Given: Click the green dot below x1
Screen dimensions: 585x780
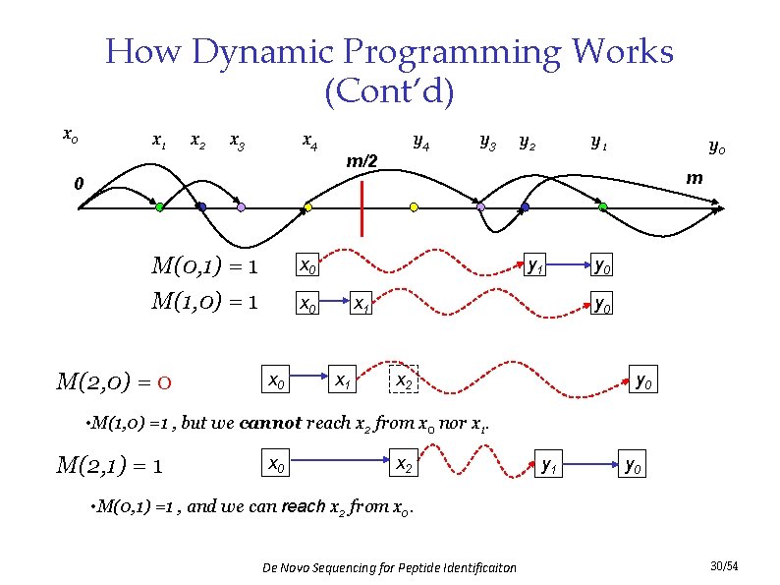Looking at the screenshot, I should pos(159,207).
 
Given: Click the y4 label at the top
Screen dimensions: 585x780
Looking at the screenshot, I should pos(419,142).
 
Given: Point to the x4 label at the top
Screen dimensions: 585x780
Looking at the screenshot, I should pos(308,142).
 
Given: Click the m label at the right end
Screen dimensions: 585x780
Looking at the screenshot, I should pos(695,178).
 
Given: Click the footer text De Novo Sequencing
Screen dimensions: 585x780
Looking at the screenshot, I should pos(390,568).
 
